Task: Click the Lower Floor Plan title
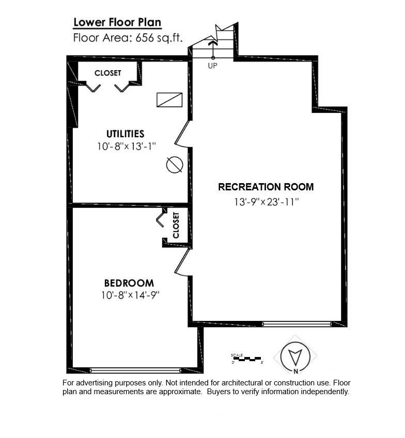pyautogui.click(x=117, y=22)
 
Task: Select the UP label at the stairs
pyautogui.click(x=212, y=66)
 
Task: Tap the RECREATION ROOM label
pyautogui.click(x=266, y=187)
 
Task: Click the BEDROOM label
pyautogui.click(x=129, y=283)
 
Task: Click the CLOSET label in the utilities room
pyautogui.click(x=107, y=73)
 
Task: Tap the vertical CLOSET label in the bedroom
pyautogui.click(x=176, y=225)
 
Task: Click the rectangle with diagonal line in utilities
pyautogui.click(x=170, y=100)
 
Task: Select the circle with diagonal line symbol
pyautogui.click(x=175, y=165)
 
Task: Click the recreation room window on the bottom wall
pyautogui.click(x=296, y=324)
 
